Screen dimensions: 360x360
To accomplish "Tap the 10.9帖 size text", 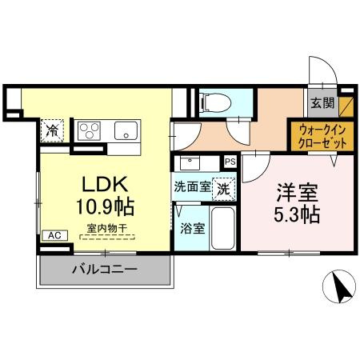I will [x=105, y=205].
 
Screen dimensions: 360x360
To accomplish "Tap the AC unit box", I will [x=54, y=235].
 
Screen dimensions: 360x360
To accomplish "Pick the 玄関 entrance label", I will [x=322, y=102].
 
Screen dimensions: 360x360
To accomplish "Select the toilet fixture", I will [x=212, y=102].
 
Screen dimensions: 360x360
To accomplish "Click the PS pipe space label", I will [x=230, y=162].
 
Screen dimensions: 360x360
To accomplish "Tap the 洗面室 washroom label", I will [x=194, y=190].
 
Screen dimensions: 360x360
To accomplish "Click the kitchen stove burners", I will [x=89, y=130].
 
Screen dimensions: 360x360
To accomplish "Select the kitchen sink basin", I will [x=126, y=130].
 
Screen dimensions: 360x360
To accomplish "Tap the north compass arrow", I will [x=340, y=288].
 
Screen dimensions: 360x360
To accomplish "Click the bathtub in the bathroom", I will [x=222, y=228].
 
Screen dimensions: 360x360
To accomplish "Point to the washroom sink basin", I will [x=190, y=163].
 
